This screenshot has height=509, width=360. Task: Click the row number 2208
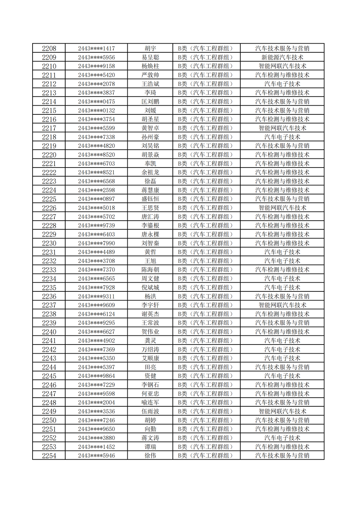49,49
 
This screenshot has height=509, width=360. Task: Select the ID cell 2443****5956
96,58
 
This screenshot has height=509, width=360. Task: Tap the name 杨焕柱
150,66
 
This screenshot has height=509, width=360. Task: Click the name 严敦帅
150,75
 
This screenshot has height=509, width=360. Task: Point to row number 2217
49,128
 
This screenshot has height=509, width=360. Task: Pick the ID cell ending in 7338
96,137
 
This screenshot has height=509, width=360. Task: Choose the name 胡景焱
150,155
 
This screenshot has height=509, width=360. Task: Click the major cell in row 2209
282,58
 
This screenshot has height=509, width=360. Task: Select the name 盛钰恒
150,199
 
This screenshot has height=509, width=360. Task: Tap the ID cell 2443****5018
96,208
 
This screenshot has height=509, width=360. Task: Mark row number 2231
49,252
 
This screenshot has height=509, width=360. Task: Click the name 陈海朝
150,270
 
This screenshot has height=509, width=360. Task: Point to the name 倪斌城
150,288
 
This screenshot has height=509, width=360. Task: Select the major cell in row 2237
282,305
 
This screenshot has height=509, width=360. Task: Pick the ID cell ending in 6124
96,314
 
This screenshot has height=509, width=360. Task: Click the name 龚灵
150,341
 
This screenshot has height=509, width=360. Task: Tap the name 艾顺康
150,358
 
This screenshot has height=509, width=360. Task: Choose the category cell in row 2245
206,376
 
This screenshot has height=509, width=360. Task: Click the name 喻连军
150,403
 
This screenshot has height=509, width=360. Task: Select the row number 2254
49,456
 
